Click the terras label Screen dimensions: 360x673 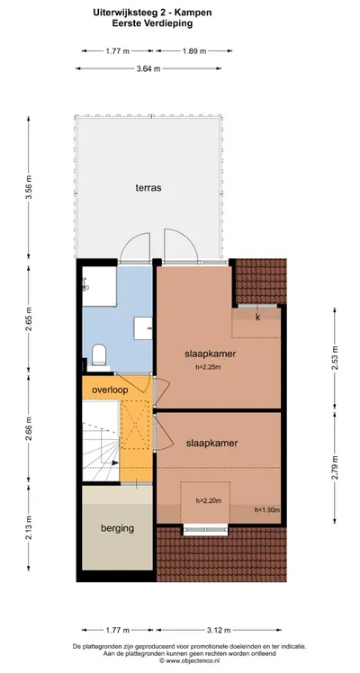pos(148,187)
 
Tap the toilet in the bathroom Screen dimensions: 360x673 pos(99,354)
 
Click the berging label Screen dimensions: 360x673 pos(118,528)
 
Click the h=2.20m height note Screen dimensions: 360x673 pos(208,500)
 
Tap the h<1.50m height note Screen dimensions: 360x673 pos(267,510)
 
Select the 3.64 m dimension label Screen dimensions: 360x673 pos(148,68)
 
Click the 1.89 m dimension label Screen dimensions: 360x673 pos(194,51)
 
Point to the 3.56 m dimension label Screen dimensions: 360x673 pos(29,187)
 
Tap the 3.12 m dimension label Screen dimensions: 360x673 pos(219,630)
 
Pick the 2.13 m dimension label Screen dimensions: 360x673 pos(29,527)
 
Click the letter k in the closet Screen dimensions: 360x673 pos(258,318)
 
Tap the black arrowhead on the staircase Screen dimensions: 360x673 pos(115,462)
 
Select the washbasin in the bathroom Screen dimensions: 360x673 pos(143,328)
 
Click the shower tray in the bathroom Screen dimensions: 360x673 pos(100,286)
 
